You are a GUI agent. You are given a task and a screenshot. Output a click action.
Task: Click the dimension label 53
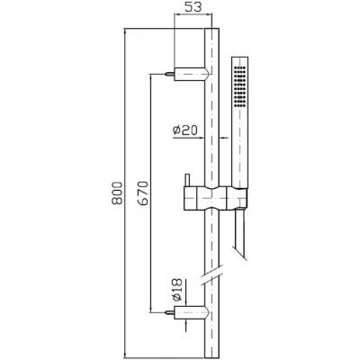pos(193,7)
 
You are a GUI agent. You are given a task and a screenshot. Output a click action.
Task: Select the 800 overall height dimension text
pos(117,193)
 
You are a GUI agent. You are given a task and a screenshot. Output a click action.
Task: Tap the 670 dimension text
pos(144,193)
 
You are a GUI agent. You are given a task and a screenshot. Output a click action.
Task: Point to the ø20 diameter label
pos(184,130)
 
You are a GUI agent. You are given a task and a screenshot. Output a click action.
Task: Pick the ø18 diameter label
pos(177,290)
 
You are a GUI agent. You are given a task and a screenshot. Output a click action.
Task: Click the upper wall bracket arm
pos(191,74)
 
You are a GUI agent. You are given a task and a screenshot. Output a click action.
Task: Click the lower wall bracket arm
pos(191,312)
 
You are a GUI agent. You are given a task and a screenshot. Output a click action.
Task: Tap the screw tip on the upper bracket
pos(166,74)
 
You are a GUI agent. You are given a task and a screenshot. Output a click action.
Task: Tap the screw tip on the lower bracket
pos(166,312)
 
